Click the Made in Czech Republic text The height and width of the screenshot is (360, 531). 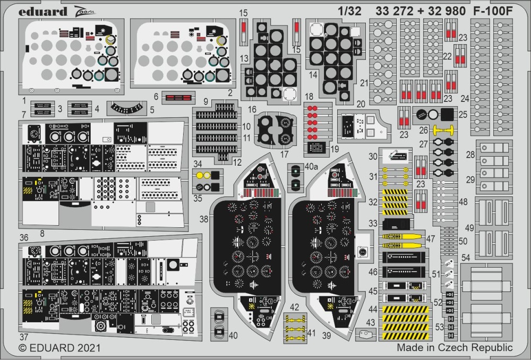[x=455, y=348]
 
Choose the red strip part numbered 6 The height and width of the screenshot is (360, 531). [x=178, y=97]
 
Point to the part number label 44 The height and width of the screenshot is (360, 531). [x=373, y=308]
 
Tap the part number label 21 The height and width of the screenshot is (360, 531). [x=364, y=83]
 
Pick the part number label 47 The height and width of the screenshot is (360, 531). [x=431, y=238]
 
